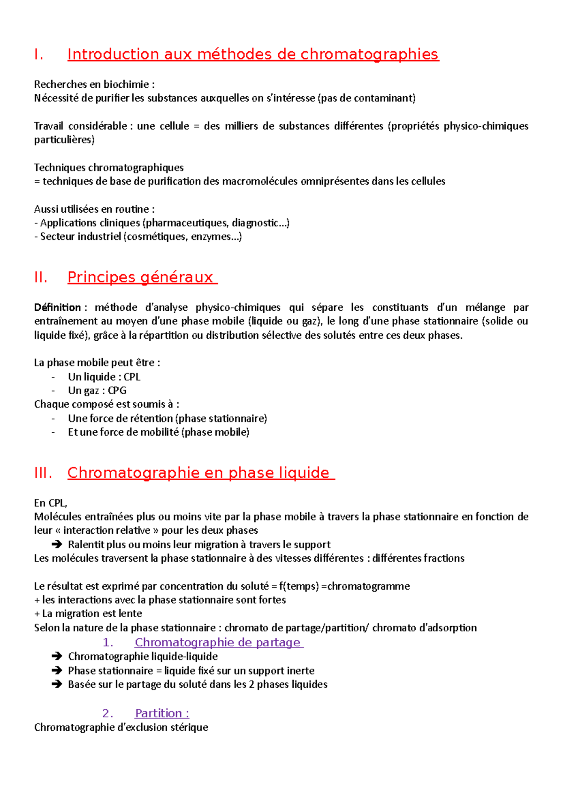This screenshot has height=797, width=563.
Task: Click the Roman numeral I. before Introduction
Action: pyautogui.click(x=39, y=55)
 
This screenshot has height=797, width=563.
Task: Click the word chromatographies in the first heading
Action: pyautogui.click(x=369, y=55)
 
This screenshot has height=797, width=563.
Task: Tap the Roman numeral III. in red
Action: pyautogui.click(x=43, y=473)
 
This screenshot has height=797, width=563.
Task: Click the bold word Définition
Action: pyautogui.click(x=57, y=307)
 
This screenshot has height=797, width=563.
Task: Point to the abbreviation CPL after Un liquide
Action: pyautogui.click(x=132, y=377)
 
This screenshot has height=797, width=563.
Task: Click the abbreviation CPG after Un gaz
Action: pyautogui.click(x=117, y=391)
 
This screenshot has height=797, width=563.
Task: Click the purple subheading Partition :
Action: pyautogui.click(x=162, y=713)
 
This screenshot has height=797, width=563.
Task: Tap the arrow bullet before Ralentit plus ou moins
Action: pyautogui.click(x=57, y=544)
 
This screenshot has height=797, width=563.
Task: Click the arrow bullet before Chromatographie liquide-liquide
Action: pyautogui.click(x=57, y=656)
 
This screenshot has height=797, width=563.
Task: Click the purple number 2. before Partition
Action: pyautogui.click(x=107, y=713)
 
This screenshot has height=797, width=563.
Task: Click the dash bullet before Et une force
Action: pyautogui.click(x=53, y=432)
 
